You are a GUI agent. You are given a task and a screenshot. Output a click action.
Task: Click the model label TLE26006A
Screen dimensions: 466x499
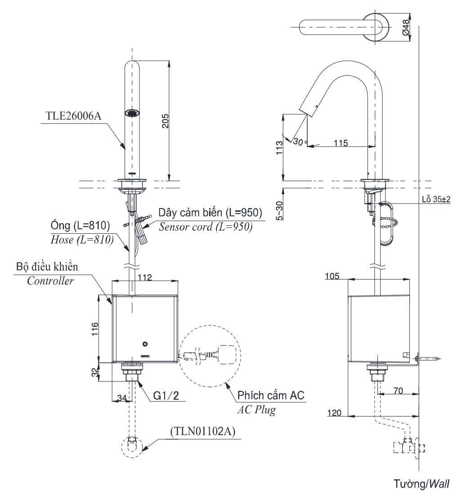point(74,116)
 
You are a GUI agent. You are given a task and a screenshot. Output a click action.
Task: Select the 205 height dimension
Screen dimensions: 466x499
point(166,120)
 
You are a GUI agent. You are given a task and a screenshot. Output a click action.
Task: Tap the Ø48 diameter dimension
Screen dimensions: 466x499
point(405,27)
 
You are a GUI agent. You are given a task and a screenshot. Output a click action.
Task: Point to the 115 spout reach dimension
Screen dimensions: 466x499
point(341,143)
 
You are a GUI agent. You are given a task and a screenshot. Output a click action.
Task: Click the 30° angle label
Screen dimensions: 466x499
point(300,142)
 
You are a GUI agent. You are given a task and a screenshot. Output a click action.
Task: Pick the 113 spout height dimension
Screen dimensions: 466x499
point(279,147)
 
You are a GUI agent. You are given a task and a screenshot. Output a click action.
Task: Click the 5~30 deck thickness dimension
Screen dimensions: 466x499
point(279,210)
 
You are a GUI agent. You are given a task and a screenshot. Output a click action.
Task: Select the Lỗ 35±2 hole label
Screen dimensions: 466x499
point(436,199)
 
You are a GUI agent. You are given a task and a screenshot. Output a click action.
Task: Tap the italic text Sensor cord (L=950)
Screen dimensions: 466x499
point(206,227)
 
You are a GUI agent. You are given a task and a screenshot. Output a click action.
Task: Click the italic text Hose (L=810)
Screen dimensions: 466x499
point(82,239)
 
